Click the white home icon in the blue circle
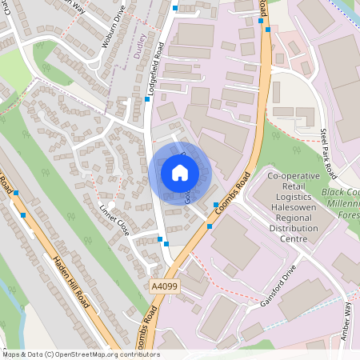point(180,172)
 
